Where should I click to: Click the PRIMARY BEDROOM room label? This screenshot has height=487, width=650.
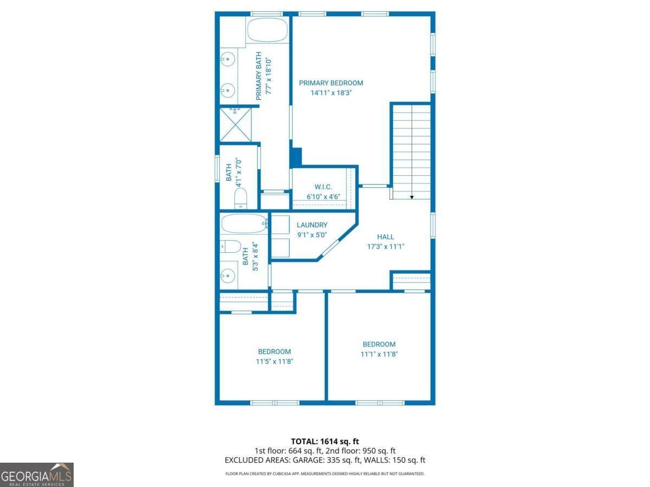click(x=331, y=83)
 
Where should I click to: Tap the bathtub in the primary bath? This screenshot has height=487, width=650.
click(x=267, y=30)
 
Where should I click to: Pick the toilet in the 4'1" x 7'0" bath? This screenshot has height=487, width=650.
click(x=240, y=198)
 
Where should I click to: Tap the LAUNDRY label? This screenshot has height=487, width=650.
click(x=311, y=225)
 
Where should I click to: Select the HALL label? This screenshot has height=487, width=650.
click(x=386, y=236)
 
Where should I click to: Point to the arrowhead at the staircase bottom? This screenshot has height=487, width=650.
click(x=412, y=197)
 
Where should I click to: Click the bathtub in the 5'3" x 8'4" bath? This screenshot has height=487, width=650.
click(x=244, y=223)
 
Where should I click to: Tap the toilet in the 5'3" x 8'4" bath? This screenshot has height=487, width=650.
click(x=230, y=247)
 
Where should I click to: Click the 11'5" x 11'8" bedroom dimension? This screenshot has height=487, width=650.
click(x=274, y=361)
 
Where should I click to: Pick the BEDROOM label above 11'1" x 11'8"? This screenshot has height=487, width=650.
click(x=379, y=344)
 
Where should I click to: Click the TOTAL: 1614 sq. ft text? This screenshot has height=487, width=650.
click(x=325, y=442)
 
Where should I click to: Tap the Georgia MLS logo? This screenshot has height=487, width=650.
click(x=37, y=475)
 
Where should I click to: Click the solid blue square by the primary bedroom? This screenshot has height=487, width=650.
click(x=296, y=157)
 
